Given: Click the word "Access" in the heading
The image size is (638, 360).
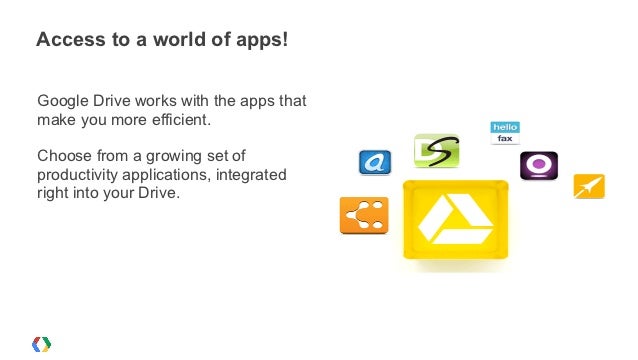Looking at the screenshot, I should pyautogui.click(x=68, y=41).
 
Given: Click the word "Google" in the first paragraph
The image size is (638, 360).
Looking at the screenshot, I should pyautogui.click(x=63, y=101).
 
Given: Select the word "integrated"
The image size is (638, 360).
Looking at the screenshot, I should pyautogui.click(x=250, y=174).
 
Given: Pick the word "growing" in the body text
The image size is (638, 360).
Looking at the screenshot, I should pyautogui.click(x=170, y=155).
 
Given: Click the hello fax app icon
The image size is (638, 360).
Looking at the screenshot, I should pyautogui.click(x=504, y=132).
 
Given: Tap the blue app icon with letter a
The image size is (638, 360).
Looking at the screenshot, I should pyautogui.click(x=375, y=161).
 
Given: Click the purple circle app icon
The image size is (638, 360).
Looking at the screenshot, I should pyautogui.click(x=539, y=165).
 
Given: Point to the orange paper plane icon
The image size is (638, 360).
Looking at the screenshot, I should pyautogui.click(x=588, y=186).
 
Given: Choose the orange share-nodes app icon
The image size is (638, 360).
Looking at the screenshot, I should pyautogui.click(x=363, y=214).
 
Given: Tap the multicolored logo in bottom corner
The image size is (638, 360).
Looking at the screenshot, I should pyautogui.click(x=42, y=343).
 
